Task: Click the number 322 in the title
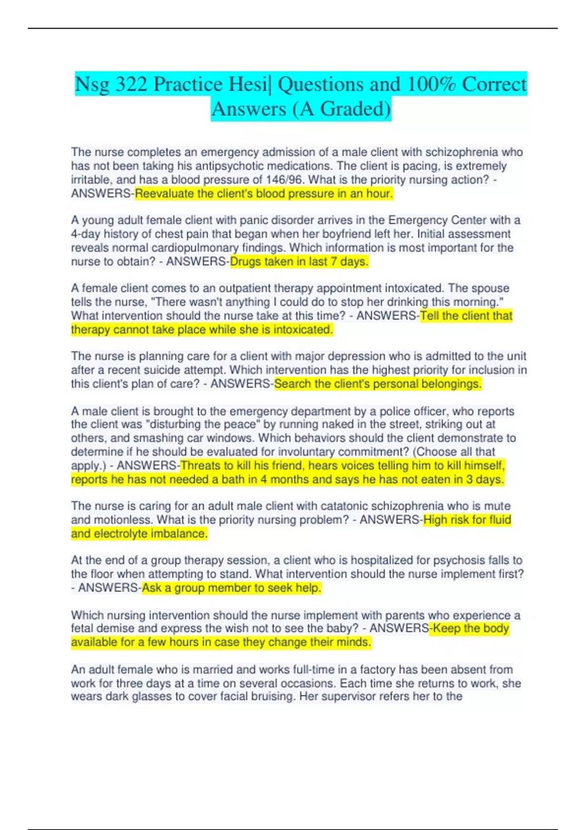(131, 84)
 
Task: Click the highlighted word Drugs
(246, 262)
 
